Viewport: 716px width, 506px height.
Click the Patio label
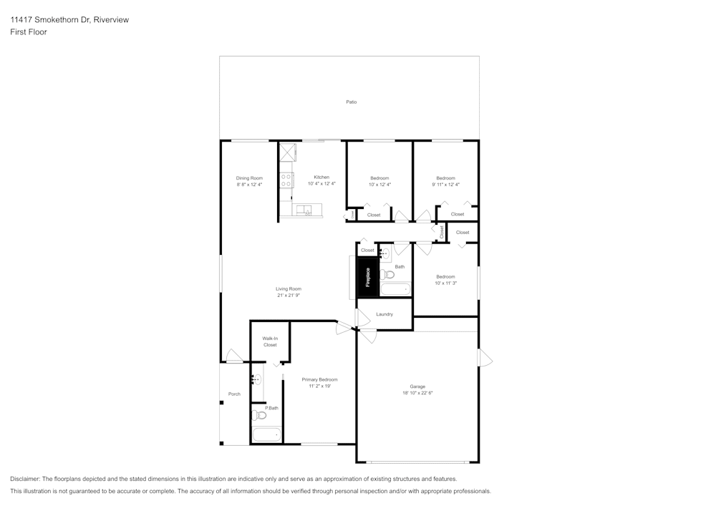pyautogui.click(x=351, y=102)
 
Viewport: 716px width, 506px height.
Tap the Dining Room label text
pyautogui.click(x=249, y=178)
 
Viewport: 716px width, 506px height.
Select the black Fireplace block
pyautogui.click(x=368, y=278)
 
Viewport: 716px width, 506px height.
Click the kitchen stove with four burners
pyautogui.click(x=286, y=180)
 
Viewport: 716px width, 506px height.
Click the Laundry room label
pyautogui.click(x=384, y=314)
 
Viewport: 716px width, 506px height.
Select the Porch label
pyautogui.click(x=234, y=394)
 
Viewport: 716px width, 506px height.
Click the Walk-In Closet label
pyautogui.click(x=270, y=341)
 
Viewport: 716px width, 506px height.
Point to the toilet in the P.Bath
pyautogui.click(x=260, y=415)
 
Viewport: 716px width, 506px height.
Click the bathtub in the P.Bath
pyautogui.click(x=266, y=434)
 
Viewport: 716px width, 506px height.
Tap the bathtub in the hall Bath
pyautogui.click(x=395, y=289)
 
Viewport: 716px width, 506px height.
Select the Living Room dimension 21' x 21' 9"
pyautogui.click(x=289, y=296)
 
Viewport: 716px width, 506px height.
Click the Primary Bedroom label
pyautogui.click(x=319, y=379)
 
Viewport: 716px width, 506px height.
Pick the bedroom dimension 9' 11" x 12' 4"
pyautogui.click(x=445, y=185)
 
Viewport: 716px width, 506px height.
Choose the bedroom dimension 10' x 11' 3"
pyautogui.click(x=445, y=283)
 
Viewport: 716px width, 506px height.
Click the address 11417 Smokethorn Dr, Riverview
pyautogui.click(x=69, y=20)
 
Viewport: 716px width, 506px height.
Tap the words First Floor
pyautogui.click(x=29, y=32)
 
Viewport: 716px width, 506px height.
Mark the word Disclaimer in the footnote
pyautogui.click(x=25, y=479)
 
